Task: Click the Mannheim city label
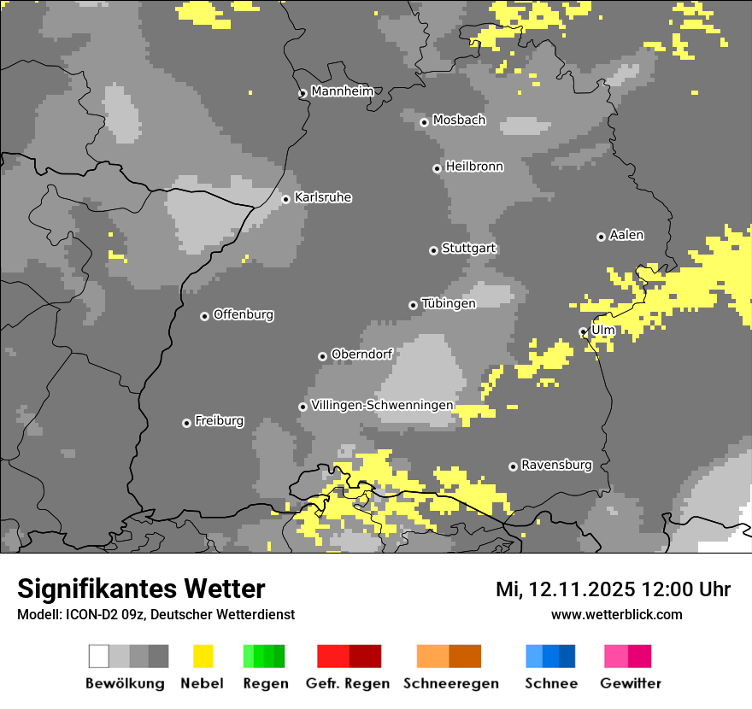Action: point(342,91)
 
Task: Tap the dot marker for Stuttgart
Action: point(433,250)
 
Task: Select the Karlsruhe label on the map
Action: point(323,197)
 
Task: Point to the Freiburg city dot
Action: point(186,423)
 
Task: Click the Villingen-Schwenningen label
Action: point(382,405)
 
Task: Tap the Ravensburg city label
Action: point(556,465)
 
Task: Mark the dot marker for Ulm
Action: point(584,331)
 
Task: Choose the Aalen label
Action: point(626,235)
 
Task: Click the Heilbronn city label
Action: point(474,167)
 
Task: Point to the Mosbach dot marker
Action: point(424,122)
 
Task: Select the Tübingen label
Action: point(449,303)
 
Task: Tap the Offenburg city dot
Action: point(204,316)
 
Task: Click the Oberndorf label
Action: point(361,354)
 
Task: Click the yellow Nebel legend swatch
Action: point(203,656)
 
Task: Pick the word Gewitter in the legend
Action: point(631,683)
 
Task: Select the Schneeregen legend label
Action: point(451,683)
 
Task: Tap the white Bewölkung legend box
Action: point(99,656)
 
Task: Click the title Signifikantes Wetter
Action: point(141,589)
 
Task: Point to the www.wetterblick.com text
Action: point(616,614)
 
